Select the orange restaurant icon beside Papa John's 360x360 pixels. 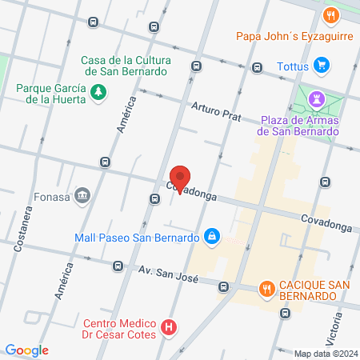pos(330,15)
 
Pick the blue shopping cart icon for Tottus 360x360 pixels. pos(322,65)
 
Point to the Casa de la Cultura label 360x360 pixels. pos(124,65)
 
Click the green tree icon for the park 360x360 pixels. pos(98,93)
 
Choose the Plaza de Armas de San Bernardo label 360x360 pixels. pos(299,126)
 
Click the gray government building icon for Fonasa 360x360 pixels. pos(82,196)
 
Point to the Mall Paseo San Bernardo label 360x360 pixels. pos(136,238)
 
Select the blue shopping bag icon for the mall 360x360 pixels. pos(212,237)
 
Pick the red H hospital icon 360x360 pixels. pos(168,327)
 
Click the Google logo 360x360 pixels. pos(27,350)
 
